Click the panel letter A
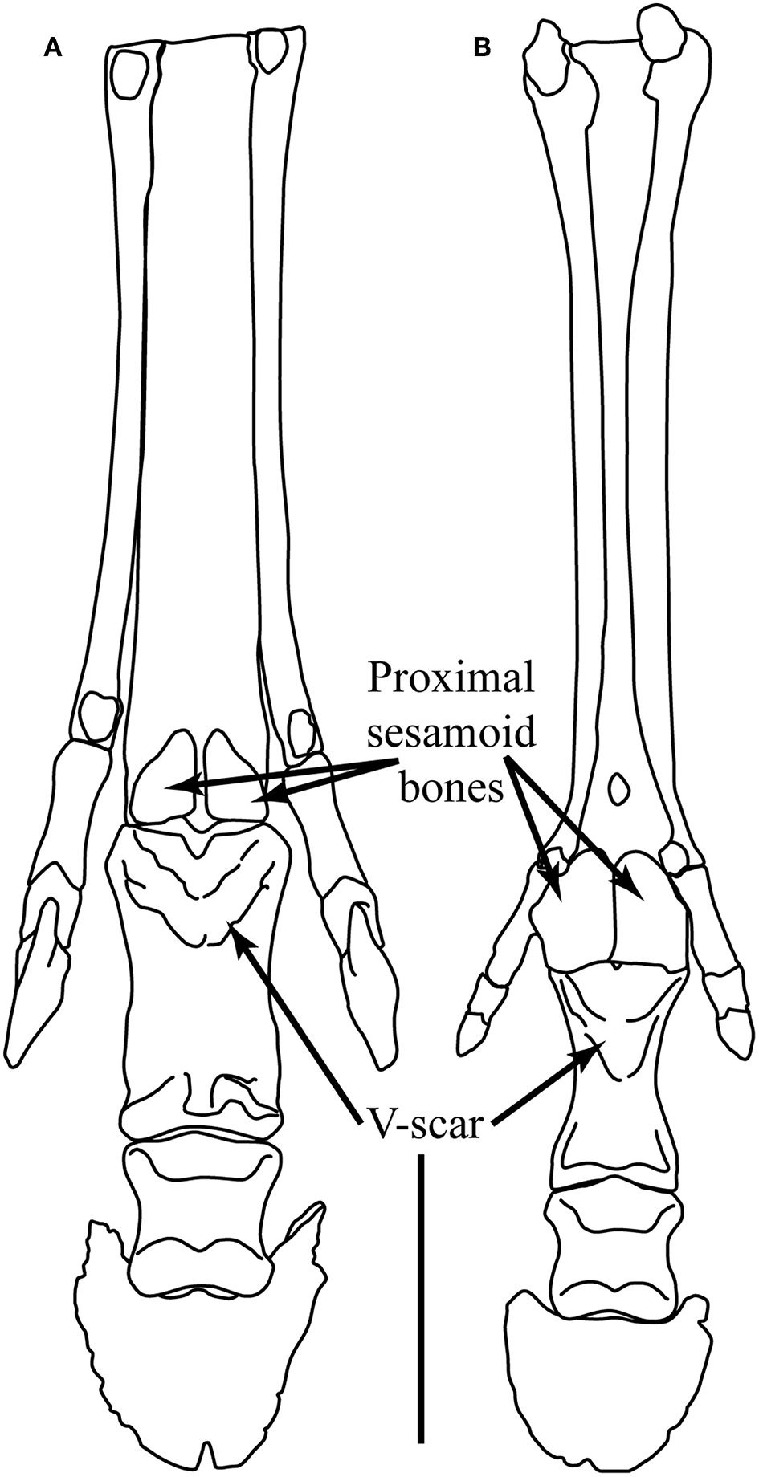[53, 49]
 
